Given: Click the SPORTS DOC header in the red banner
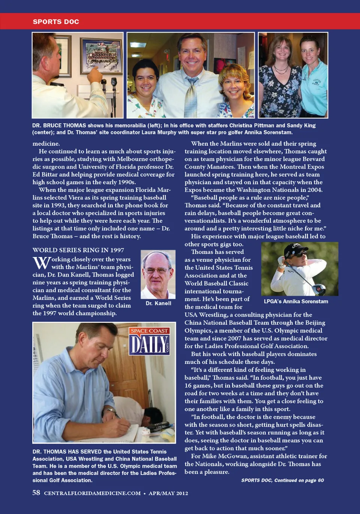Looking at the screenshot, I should (56, 22).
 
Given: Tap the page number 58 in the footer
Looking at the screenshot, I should (36, 493).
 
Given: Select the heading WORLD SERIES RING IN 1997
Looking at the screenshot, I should (78, 250).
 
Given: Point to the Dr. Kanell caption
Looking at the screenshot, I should (158, 303).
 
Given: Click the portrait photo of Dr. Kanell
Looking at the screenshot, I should (158, 274).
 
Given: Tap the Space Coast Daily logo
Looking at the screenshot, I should (150, 341).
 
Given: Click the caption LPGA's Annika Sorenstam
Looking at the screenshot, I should (296, 301).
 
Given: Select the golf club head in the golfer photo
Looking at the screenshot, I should (319, 289).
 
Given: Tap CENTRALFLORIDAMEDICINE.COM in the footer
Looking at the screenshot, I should (92, 493).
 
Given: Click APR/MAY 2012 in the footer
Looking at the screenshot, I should (168, 493).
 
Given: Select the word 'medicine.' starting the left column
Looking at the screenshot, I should (46, 144).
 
